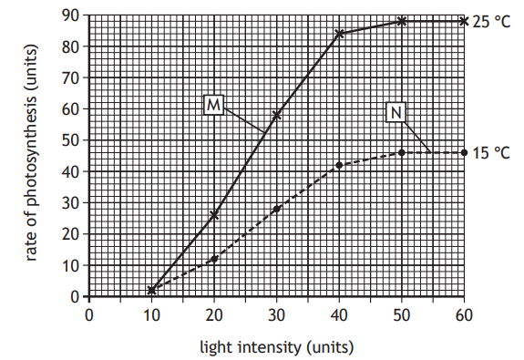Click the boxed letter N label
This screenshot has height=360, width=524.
coord(396,112)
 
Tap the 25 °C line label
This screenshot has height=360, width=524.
coord(491,21)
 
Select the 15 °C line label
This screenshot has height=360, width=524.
coord(491,153)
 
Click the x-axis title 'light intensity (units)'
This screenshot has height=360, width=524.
coord(276,347)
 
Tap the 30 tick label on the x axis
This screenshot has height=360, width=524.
coord(276,314)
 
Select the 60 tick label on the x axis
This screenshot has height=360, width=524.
coord(464,314)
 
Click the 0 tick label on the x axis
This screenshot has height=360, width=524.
coord(88,314)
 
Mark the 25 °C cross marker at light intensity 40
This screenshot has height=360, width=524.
coord(339,34)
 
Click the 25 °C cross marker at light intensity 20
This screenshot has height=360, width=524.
coord(214,215)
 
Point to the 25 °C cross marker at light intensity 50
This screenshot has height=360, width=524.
coord(402,21)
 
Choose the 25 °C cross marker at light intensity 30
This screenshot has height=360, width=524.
coord(276,115)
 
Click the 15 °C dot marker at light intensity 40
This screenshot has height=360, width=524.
coord(339,165)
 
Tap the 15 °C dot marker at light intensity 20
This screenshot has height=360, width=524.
coord(214,259)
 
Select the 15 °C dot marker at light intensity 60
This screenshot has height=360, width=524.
coord(464,152)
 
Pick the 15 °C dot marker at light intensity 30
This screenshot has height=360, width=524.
coord(276,209)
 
